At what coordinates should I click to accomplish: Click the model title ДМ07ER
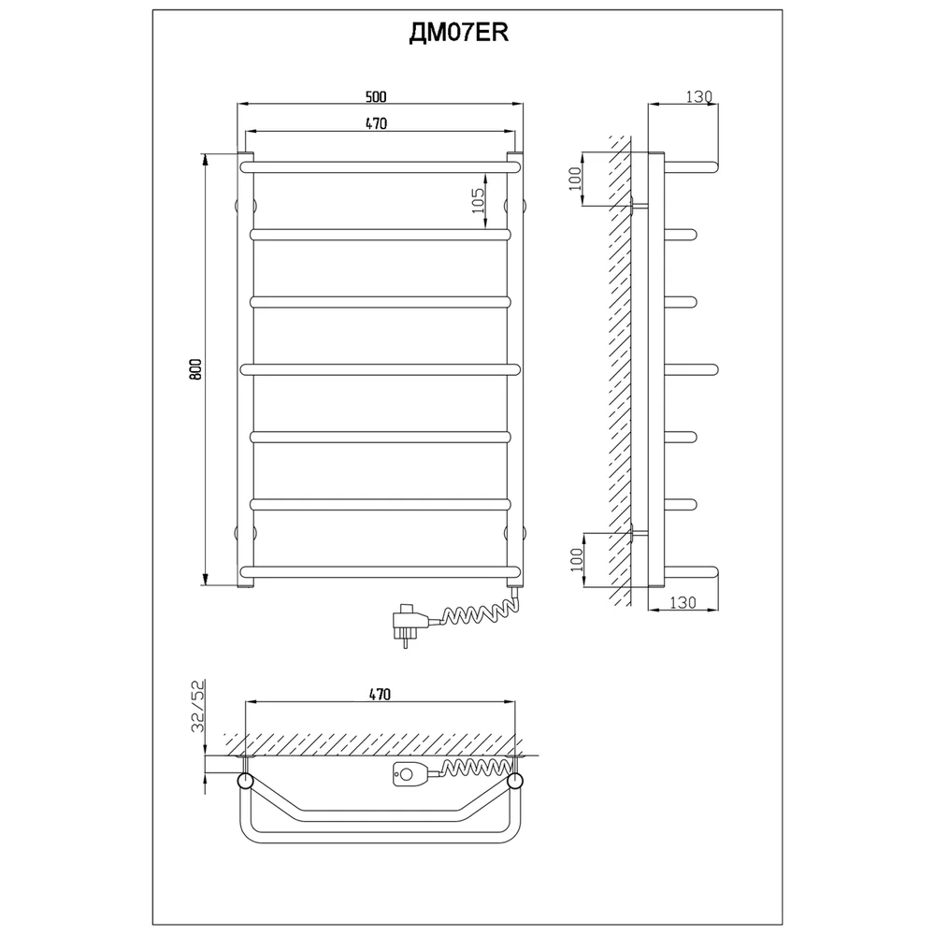(x=458, y=33)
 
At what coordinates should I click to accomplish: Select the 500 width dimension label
(x=377, y=96)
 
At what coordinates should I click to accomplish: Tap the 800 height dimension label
(x=196, y=369)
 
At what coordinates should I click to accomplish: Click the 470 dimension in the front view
(x=377, y=123)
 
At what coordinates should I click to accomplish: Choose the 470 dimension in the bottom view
(x=380, y=695)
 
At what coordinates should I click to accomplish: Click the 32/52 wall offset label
(x=198, y=705)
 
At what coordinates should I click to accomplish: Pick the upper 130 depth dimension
(x=698, y=96)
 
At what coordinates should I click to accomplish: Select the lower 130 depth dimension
(x=683, y=602)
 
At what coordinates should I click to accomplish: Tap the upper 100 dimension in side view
(x=575, y=179)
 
